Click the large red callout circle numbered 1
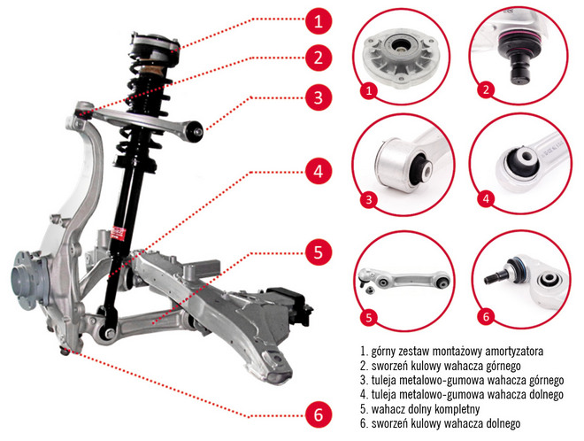pyautogui.click(x=319, y=21)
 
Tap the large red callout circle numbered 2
pyautogui.click(x=319, y=58)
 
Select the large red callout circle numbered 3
pyautogui.click(x=319, y=97)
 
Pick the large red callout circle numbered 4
pyautogui.click(x=319, y=172)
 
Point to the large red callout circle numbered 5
pyautogui.click(x=319, y=252)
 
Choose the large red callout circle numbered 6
pyautogui.click(x=319, y=414)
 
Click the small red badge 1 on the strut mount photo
pyautogui.click(x=369, y=90)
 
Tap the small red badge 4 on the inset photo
pyautogui.click(x=486, y=198)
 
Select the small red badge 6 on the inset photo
pyautogui.click(x=486, y=317)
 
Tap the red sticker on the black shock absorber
pyautogui.click(x=119, y=233)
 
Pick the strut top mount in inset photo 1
pyautogui.click(x=401, y=58)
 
